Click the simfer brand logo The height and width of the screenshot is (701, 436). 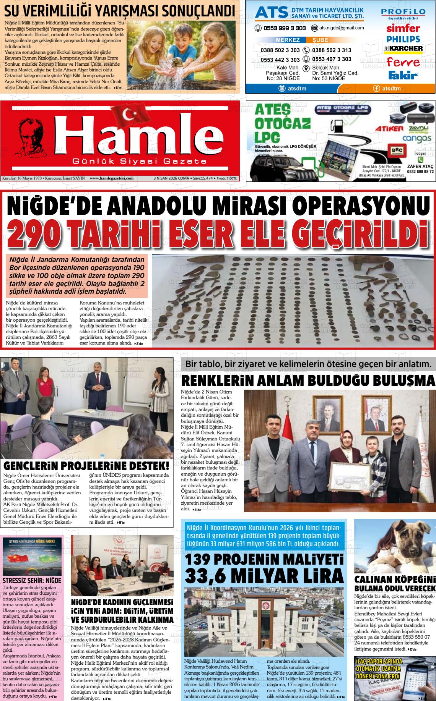403,28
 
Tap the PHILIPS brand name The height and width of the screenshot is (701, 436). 403,39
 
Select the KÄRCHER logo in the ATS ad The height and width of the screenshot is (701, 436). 403,49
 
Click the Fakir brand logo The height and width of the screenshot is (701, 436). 403,75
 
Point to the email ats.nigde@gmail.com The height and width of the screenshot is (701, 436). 337,28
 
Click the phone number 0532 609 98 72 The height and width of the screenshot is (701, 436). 420,172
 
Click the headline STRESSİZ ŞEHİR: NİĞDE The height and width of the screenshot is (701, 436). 32,581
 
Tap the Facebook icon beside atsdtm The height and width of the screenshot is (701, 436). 377,89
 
